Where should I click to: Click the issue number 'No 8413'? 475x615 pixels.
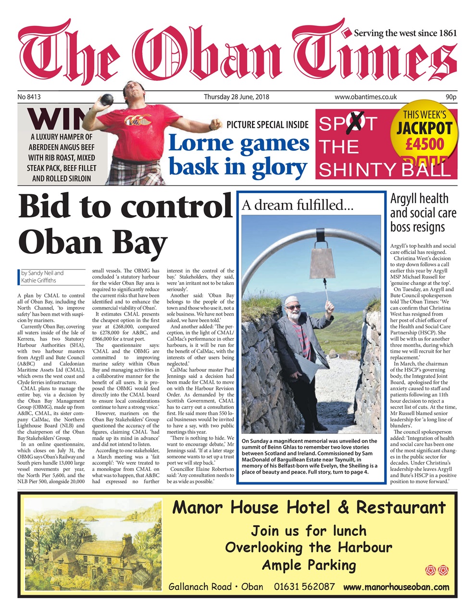29,97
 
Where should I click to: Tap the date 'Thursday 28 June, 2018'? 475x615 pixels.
236,97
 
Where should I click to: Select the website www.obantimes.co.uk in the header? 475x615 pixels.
365,97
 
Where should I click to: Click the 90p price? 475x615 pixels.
450,97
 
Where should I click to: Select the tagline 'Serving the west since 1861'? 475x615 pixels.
405,33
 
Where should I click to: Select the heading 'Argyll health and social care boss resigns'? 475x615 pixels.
423,212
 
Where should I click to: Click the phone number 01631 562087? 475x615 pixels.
304,587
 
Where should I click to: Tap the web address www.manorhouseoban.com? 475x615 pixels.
396,587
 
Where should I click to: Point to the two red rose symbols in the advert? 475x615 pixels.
437,570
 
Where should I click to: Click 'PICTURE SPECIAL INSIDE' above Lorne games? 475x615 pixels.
267,125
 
